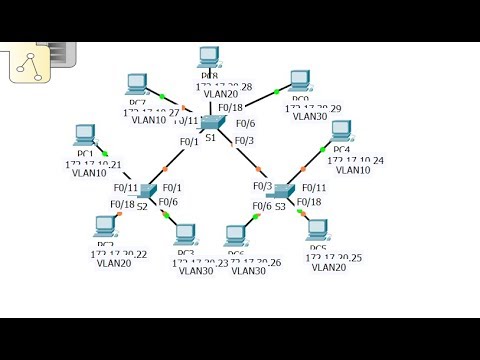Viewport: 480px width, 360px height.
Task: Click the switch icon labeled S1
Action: point(212,122)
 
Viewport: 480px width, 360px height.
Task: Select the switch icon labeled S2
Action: point(148,190)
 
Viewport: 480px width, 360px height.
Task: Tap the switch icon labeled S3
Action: point(284,190)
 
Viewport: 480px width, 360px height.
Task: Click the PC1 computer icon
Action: point(84,135)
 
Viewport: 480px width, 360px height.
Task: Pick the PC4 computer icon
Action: point(341,131)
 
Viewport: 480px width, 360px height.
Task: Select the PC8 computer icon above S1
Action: point(209,57)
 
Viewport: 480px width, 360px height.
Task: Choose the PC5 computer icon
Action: point(318,229)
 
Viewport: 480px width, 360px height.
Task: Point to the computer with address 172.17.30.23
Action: point(184,235)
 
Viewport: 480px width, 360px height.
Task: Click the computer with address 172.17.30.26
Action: point(236,236)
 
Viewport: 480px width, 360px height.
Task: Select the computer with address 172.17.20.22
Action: point(105,227)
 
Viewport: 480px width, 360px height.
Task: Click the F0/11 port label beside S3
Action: point(313,188)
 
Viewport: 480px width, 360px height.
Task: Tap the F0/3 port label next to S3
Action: point(262,186)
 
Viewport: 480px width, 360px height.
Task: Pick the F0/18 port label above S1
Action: point(230,107)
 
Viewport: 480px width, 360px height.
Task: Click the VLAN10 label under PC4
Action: point(354,170)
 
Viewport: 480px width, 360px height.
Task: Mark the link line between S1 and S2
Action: point(180,156)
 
